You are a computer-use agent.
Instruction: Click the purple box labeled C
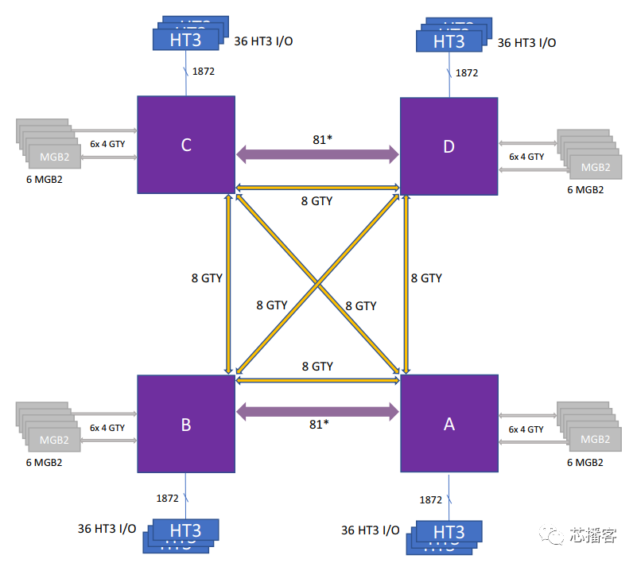tap(185, 145)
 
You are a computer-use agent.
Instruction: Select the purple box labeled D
tap(449, 146)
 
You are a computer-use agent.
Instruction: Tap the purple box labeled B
tap(185, 425)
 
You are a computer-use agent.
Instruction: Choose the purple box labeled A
tap(449, 424)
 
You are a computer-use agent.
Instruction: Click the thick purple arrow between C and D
tap(317, 153)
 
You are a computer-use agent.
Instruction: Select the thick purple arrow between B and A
tap(317, 410)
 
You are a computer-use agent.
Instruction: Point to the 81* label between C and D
tap(321, 139)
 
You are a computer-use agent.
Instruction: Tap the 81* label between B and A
tap(318, 425)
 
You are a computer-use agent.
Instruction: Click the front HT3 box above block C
tap(185, 40)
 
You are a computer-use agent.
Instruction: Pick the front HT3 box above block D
tap(449, 41)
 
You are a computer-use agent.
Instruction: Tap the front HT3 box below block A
tap(449, 530)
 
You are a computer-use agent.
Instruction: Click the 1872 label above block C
tap(204, 72)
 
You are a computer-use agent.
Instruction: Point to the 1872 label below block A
tap(430, 499)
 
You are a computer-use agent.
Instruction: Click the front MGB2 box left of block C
tap(54, 157)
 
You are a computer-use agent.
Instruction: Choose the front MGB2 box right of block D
tap(595, 167)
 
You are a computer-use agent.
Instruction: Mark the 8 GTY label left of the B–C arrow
tap(207, 278)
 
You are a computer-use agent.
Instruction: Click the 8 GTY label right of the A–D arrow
tap(426, 278)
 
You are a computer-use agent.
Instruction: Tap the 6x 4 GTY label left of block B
tap(107, 428)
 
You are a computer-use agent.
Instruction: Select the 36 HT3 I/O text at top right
tap(526, 43)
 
